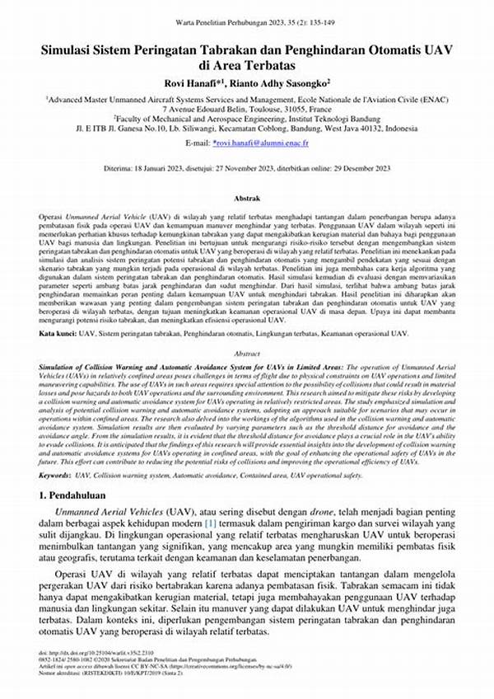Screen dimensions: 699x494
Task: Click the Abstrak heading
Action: click(x=247, y=199)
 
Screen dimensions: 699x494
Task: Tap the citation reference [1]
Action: click(x=211, y=524)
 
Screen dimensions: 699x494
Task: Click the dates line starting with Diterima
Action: click(x=247, y=167)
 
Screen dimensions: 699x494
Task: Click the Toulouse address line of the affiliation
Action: click(x=247, y=108)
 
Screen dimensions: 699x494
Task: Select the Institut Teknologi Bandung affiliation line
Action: click(x=247, y=119)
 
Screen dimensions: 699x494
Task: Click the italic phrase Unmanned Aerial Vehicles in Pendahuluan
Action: click(x=107, y=512)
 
